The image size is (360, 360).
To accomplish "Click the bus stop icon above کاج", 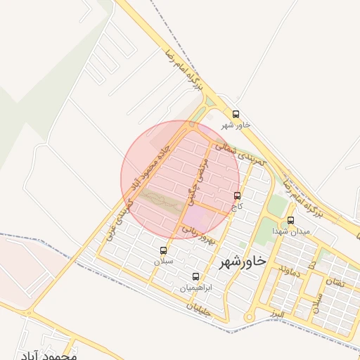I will click(237, 195).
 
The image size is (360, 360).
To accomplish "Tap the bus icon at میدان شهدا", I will click(291, 220).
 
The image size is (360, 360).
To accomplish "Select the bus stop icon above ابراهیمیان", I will click(195, 276).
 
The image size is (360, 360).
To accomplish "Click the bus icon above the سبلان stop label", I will click(164, 250).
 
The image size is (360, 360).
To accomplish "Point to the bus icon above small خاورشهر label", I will click(236, 114).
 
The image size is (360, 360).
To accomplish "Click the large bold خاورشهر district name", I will click(243, 262).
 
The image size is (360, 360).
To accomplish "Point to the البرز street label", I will click(281, 310).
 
